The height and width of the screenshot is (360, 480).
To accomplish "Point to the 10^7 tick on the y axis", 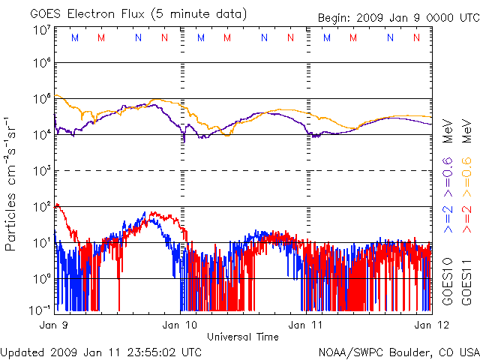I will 42,29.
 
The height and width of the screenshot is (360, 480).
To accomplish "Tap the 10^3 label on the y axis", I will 42,170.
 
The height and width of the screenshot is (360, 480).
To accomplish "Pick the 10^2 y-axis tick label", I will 42,206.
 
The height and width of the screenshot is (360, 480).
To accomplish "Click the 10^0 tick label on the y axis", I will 42,278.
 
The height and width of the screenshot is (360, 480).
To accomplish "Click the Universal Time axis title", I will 243,337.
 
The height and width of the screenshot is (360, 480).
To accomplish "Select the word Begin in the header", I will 334,17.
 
